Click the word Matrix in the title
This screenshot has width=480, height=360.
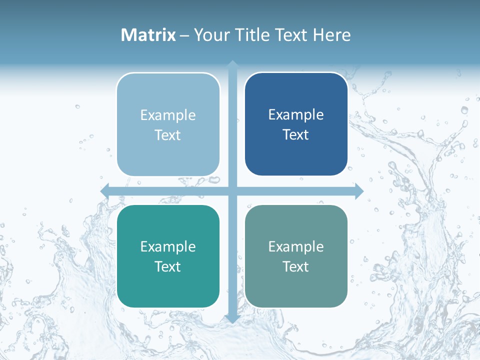(x=148, y=35)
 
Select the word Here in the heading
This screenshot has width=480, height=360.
(x=331, y=35)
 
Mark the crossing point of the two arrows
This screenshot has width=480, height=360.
(x=232, y=191)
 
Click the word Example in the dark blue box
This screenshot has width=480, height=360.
(x=296, y=115)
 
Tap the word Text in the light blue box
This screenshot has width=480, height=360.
(x=168, y=135)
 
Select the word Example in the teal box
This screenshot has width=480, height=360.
(x=168, y=246)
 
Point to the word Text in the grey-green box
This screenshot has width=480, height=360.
(x=296, y=266)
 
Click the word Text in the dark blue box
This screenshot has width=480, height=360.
(x=296, y=135)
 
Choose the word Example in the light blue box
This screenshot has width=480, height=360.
(x=168, y=115)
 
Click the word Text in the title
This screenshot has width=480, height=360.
(x=290, y=35)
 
